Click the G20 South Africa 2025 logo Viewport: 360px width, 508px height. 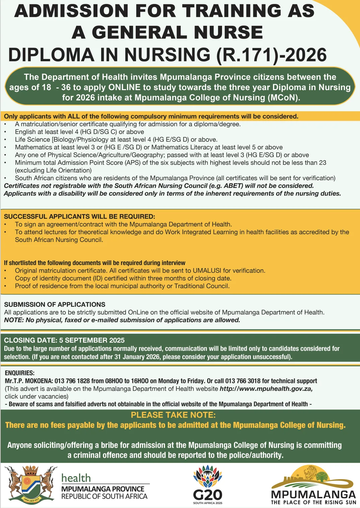pyautogui.click(x=208, y=485)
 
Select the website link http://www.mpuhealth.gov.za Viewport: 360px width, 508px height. pyautogui.click(x=266, y=389)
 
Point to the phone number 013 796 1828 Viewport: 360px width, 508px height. pyautogui.click(x=72, y=381)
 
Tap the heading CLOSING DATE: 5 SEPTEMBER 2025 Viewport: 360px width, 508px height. pyautogui.click(x=64, y=340)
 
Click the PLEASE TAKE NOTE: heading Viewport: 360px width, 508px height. pyautogui.click(x=173, y=415)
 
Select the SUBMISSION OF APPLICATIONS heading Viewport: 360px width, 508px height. pyautogui.click(x=55, y=304)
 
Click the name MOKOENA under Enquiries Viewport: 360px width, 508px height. pyautogui.click(x=37, y=381)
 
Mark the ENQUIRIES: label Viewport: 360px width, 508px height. pyautogui.click(x=19, y=373)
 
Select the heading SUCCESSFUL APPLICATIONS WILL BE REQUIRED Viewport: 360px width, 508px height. pyautogui.click(x=79, y=216)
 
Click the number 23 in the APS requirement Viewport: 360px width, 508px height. pyautogui.click(x=322, y=163)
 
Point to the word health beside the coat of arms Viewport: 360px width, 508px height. pyautogui.click(x=76, y=478)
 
